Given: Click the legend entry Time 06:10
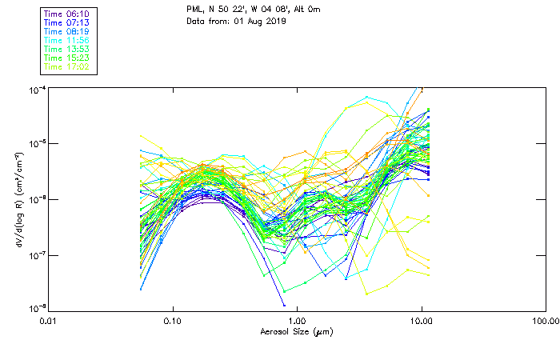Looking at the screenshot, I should click(67, 14).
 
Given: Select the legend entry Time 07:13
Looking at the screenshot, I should click(67, 23).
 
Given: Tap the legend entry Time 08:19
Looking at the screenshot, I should click(67, 32).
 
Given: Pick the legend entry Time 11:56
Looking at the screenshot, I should click(67, 41).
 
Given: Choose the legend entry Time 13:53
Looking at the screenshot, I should click(67, 50).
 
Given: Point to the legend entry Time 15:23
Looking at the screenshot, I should click(67, 58).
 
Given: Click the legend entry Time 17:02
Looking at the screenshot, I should click(67, 67).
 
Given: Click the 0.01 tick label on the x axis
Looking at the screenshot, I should click(49, 321).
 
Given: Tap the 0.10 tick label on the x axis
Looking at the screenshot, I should click(173, 321).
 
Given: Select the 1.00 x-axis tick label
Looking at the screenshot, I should click(297, 321).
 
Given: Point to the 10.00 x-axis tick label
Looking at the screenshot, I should click(421, 321).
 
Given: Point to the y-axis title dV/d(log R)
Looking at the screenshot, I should click(18, 198).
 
